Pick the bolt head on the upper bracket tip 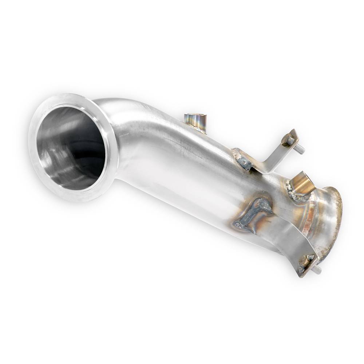click(290, 140)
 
